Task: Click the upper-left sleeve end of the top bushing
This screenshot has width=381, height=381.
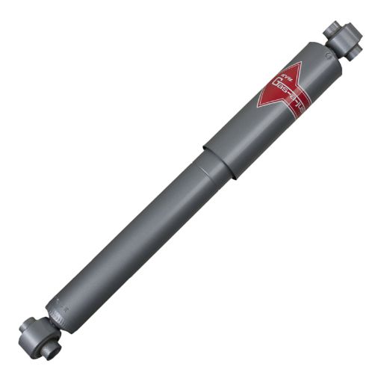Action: pyautogui.click(x=332, y=28)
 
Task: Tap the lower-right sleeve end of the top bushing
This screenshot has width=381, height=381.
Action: pyautogui.click(x=354, y=50)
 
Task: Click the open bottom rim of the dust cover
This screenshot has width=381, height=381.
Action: pyautogui.click(x=217, y=164)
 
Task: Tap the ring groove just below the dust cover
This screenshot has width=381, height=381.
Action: pyautogui.click(x=205, y=161)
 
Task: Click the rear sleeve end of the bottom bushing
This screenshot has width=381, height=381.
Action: pyautogui.click(x=27, y=326)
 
